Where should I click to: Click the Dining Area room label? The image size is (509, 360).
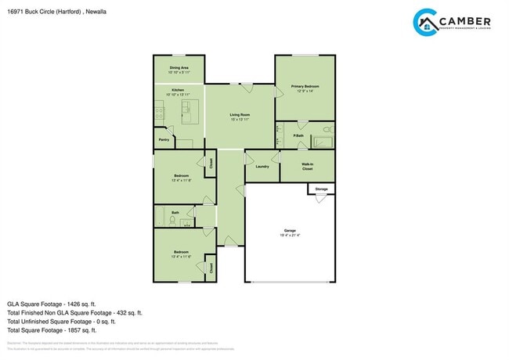click(x=179, y=68)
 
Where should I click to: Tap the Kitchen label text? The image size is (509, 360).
click(x=179, y=90)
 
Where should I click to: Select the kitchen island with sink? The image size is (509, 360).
click(x=186, y=117)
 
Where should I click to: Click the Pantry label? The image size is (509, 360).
click(x=164, y=140)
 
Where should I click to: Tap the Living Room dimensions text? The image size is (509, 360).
click(x=240, y=120)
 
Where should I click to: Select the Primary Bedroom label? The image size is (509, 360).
click(x=305, y=86)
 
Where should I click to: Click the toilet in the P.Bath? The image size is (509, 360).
click(x=327, y=128)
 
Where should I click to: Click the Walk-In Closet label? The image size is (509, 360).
click(x=307, y=167)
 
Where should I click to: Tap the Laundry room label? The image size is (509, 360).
click(x=262, y=166)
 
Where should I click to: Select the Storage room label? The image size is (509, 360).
click(x=321, y=189)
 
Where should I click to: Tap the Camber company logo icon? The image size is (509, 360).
click(x=424, y=23)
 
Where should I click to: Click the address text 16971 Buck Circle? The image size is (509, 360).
click(x=43, y=11)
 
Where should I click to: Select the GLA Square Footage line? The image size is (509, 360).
click(x=51, y=303)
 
